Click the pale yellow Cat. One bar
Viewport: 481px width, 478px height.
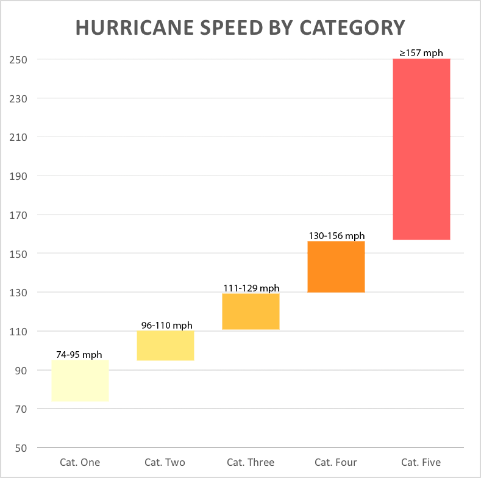tap(80, 380)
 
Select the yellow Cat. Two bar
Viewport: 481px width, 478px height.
tap(165, 346)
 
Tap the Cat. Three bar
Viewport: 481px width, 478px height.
tap(251, 312)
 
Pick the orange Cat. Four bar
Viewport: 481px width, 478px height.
tap(336, 267)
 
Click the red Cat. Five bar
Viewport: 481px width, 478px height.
tap(421, 149)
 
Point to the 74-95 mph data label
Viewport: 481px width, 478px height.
tap(79, 355)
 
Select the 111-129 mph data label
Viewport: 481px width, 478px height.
tap(251, 288)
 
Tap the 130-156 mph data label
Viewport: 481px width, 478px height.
tap(337, 236)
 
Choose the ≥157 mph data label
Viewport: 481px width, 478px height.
tap(421, 53)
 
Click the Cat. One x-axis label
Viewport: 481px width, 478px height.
tap(80, 462)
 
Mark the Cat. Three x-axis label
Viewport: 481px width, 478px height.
tap(251, 462)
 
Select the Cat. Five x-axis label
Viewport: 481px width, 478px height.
tap(421, 462)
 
